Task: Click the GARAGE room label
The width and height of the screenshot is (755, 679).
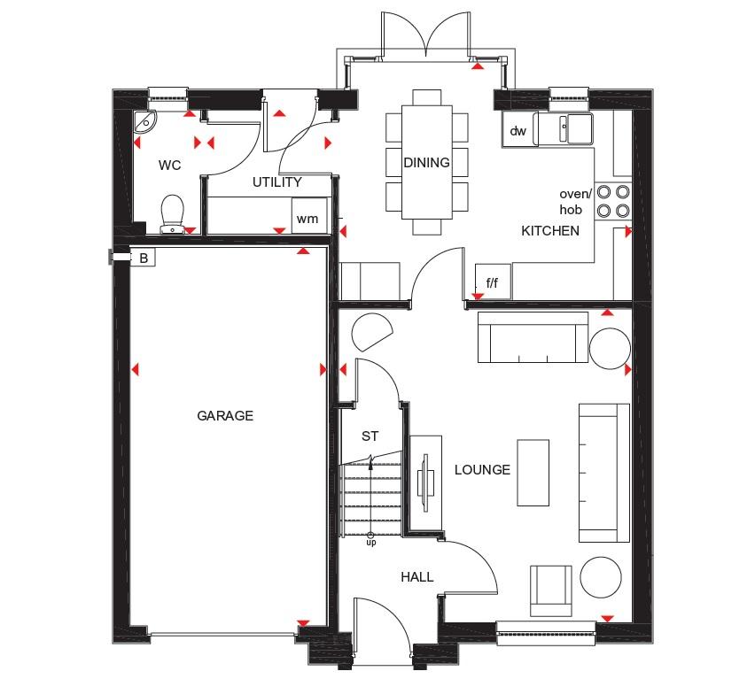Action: pos(225,415)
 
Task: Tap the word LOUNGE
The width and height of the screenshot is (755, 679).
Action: pos(482,470)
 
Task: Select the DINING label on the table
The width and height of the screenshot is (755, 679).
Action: pos(426,163)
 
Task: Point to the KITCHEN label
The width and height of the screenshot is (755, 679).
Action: pos(550,231)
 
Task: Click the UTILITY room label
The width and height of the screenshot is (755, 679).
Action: pos(276,181)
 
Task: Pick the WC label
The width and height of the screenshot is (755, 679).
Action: pos(169,166)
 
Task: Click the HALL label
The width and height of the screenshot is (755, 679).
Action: pos(417,576)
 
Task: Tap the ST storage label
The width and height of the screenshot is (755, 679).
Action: pos(370,436)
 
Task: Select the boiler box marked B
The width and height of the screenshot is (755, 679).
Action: pos(143,258)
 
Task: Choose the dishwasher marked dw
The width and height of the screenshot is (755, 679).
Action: pos(518,130)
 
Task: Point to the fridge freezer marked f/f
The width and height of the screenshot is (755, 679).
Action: pos(493,282)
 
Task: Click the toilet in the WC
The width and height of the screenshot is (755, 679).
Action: pos(172,214)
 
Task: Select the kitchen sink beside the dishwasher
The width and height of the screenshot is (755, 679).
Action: pos(564,127)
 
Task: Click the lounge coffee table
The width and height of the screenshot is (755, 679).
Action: pos(533,473)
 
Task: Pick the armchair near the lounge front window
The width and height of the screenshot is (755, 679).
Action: pos(551,591)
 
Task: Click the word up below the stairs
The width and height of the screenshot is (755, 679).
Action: pos(370,543)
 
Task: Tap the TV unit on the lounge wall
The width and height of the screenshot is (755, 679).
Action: pos(425,482)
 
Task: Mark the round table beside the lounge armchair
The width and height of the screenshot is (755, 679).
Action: pos(601,577)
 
